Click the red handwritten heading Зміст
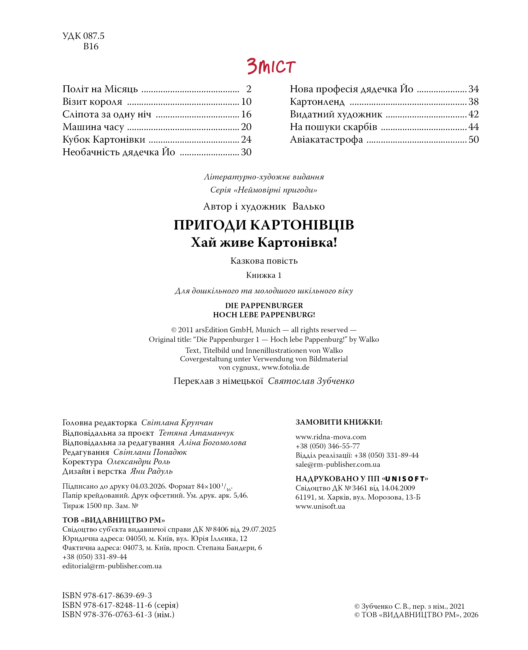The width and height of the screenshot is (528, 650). (x=271, y=66)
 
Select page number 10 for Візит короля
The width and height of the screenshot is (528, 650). (x=246, y=102)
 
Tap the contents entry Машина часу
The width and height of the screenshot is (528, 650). (x=93, y=127)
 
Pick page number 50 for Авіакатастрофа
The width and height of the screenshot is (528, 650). (x=473, y=140)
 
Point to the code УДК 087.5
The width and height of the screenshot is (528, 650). (x=83, y=36)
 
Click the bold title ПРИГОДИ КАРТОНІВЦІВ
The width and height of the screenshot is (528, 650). (x=264, y=225)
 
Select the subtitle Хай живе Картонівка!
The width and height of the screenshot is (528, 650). (x=264, y=242)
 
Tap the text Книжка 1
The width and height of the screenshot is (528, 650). (x=264, y=275)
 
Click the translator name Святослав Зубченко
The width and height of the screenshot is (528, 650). (x=311, y=381)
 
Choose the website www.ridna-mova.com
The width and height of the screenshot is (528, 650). (x=331, y=437)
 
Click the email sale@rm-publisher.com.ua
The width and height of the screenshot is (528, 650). (x=338, y=465)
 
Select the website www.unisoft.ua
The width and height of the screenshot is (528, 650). (x=320, y=506)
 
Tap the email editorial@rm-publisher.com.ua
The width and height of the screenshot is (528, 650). (x=112, y=566)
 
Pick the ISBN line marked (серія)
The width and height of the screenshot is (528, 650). (x=120, y=605)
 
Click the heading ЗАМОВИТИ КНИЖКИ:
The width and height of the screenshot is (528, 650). (x=339, y=422)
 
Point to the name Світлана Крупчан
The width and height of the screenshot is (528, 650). (x=177, y=423)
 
